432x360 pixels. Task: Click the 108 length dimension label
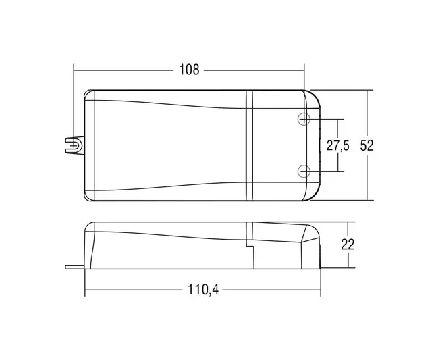point(189,70)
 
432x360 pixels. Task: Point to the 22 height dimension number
point(348,245)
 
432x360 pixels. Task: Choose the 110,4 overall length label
point(200,292)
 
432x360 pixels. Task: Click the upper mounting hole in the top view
point(304,119)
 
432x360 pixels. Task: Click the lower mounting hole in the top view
point(304,171)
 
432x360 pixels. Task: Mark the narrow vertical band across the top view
point(250,145)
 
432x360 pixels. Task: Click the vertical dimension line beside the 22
point(348,230)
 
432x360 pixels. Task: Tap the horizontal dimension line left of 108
point(122,70)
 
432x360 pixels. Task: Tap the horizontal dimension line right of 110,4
point(270,292)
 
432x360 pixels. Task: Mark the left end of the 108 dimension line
point(74,70)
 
